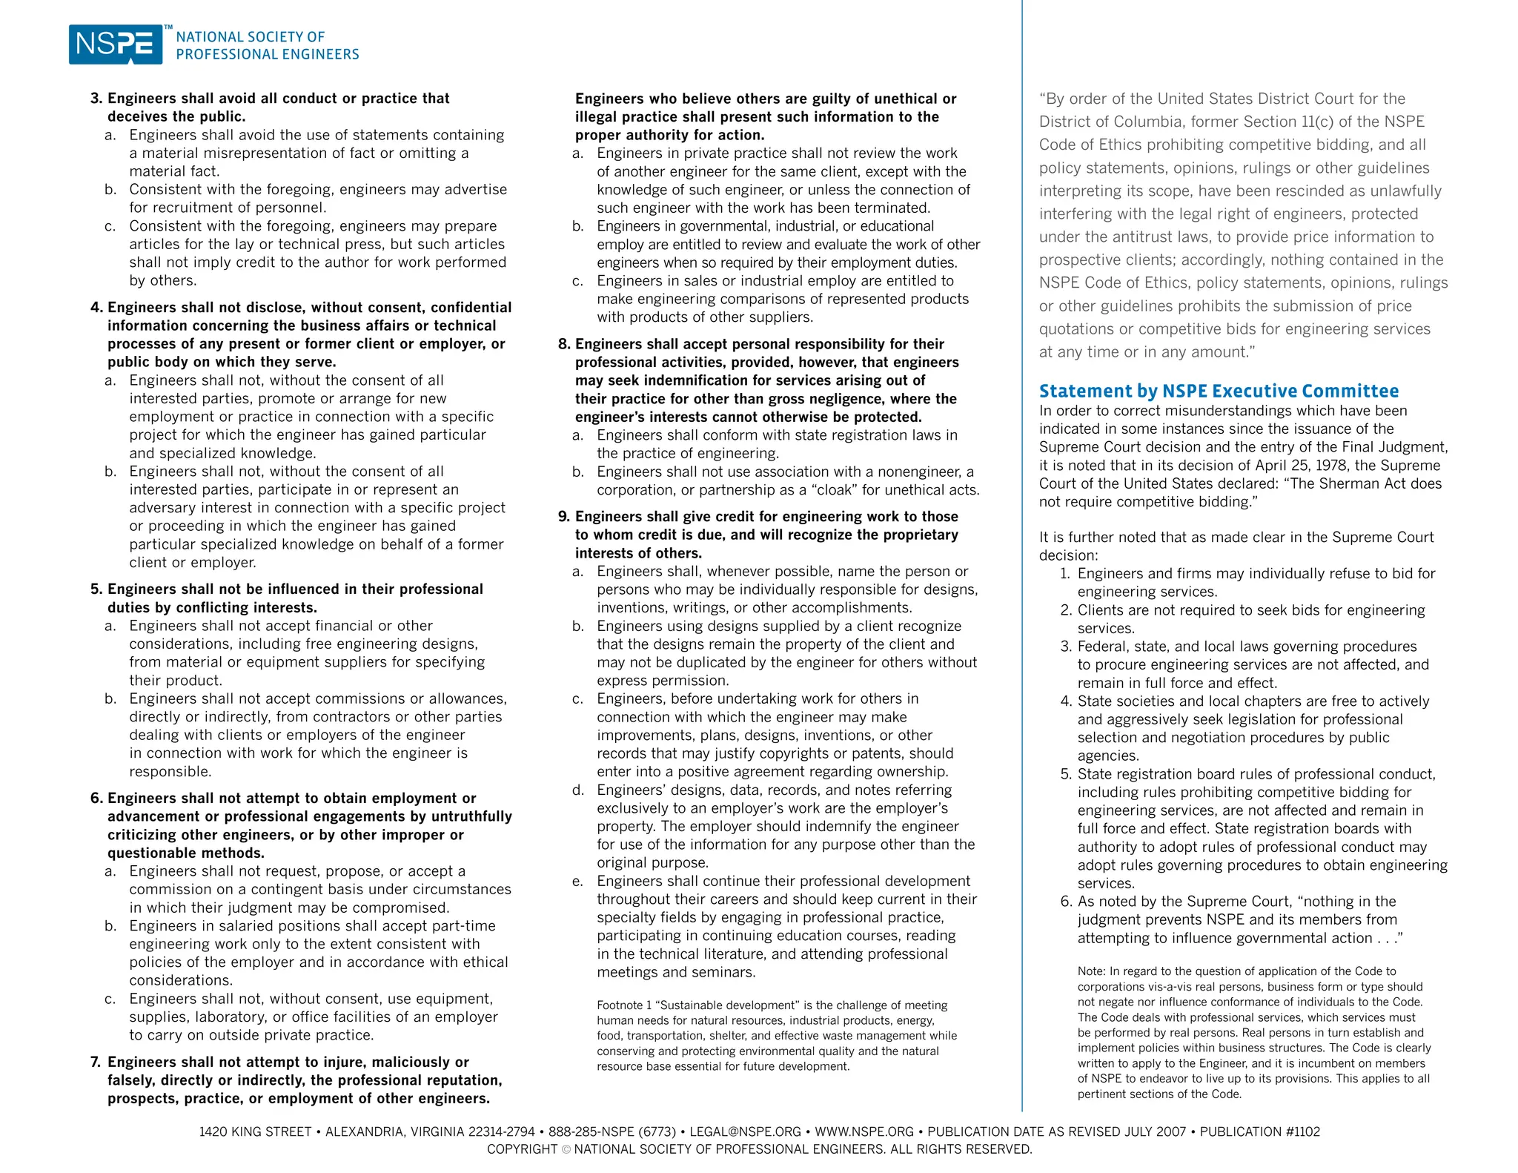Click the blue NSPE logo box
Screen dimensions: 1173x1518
116,44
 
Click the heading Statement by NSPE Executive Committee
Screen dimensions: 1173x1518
1219,391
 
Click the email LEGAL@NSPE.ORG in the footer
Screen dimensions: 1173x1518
745,1131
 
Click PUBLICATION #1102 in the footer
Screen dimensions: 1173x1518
1259,1131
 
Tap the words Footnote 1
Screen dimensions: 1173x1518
624,1005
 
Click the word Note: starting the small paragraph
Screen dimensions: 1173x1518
1092,971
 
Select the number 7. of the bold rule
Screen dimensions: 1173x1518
96,1062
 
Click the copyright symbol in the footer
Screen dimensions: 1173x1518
566,1149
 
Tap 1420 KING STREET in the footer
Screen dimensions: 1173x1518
255,1131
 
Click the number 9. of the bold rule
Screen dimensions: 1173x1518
564,517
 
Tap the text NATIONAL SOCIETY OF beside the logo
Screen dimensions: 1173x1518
251,37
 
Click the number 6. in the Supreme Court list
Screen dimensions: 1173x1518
1067,902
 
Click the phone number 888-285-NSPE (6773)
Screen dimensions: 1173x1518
612,1131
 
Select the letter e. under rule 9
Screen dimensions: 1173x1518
577,881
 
